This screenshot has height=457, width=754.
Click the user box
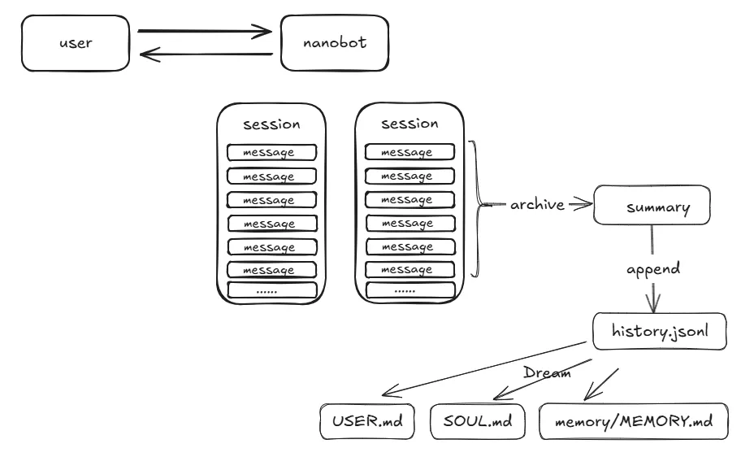coord(76,44)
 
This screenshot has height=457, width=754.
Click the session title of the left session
coord(271,124)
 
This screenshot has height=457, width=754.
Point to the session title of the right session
coord(409,124)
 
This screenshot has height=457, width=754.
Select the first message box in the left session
coord(271,152)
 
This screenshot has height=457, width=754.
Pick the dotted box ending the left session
coord(271,289)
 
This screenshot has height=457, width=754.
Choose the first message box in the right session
coord(409,152)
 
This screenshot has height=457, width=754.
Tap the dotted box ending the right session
coord(409,289)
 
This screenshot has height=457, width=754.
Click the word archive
coord(537,205)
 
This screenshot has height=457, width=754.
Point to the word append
coord(653,268)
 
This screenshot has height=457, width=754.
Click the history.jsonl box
coord(658,332)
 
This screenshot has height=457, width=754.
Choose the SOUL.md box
coord(479,422)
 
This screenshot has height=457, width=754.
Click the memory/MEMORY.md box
coord(634,422)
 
